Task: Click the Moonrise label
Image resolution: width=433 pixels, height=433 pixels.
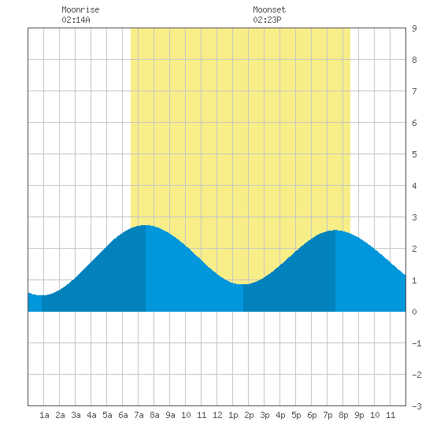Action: tap(80, 9)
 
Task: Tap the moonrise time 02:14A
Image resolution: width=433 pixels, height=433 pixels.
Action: tap(76, 20)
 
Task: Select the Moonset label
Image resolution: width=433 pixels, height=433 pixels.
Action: tap(269, 9)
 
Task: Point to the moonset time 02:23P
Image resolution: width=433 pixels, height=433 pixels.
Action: tap(268, 20)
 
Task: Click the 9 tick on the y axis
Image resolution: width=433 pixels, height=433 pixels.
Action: tap(414, 28)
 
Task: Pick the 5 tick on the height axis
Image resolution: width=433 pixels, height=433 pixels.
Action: tap(414, 154)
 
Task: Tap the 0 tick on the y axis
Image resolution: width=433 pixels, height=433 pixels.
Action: tap(414, 312)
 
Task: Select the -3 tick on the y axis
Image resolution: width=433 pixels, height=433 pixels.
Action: tap(416, 406)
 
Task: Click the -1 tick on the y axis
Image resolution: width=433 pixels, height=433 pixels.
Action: tap(416, 343)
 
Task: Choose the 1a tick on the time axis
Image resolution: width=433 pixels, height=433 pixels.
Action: tap(44, 415)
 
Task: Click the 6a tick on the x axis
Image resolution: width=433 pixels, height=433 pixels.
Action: tap(123, 415)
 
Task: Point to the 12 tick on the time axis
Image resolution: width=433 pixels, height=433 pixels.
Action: tap(217, 415)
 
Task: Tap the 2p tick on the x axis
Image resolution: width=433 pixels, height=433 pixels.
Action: tap(249, 415)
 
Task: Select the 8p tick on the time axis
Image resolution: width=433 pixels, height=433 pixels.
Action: tap(343, 415)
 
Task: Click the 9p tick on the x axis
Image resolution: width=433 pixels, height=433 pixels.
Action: tap(359, 415)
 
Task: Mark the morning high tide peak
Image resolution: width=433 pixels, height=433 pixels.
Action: tap(146, 225)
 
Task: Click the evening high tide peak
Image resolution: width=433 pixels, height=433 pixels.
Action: tap(335, 230)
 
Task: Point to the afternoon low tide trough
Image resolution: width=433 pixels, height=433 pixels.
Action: tap(243, 284)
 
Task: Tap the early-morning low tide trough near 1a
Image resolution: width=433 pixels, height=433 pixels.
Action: tap(42, 295)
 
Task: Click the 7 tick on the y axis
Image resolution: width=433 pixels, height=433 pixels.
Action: tap(414, 91)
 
